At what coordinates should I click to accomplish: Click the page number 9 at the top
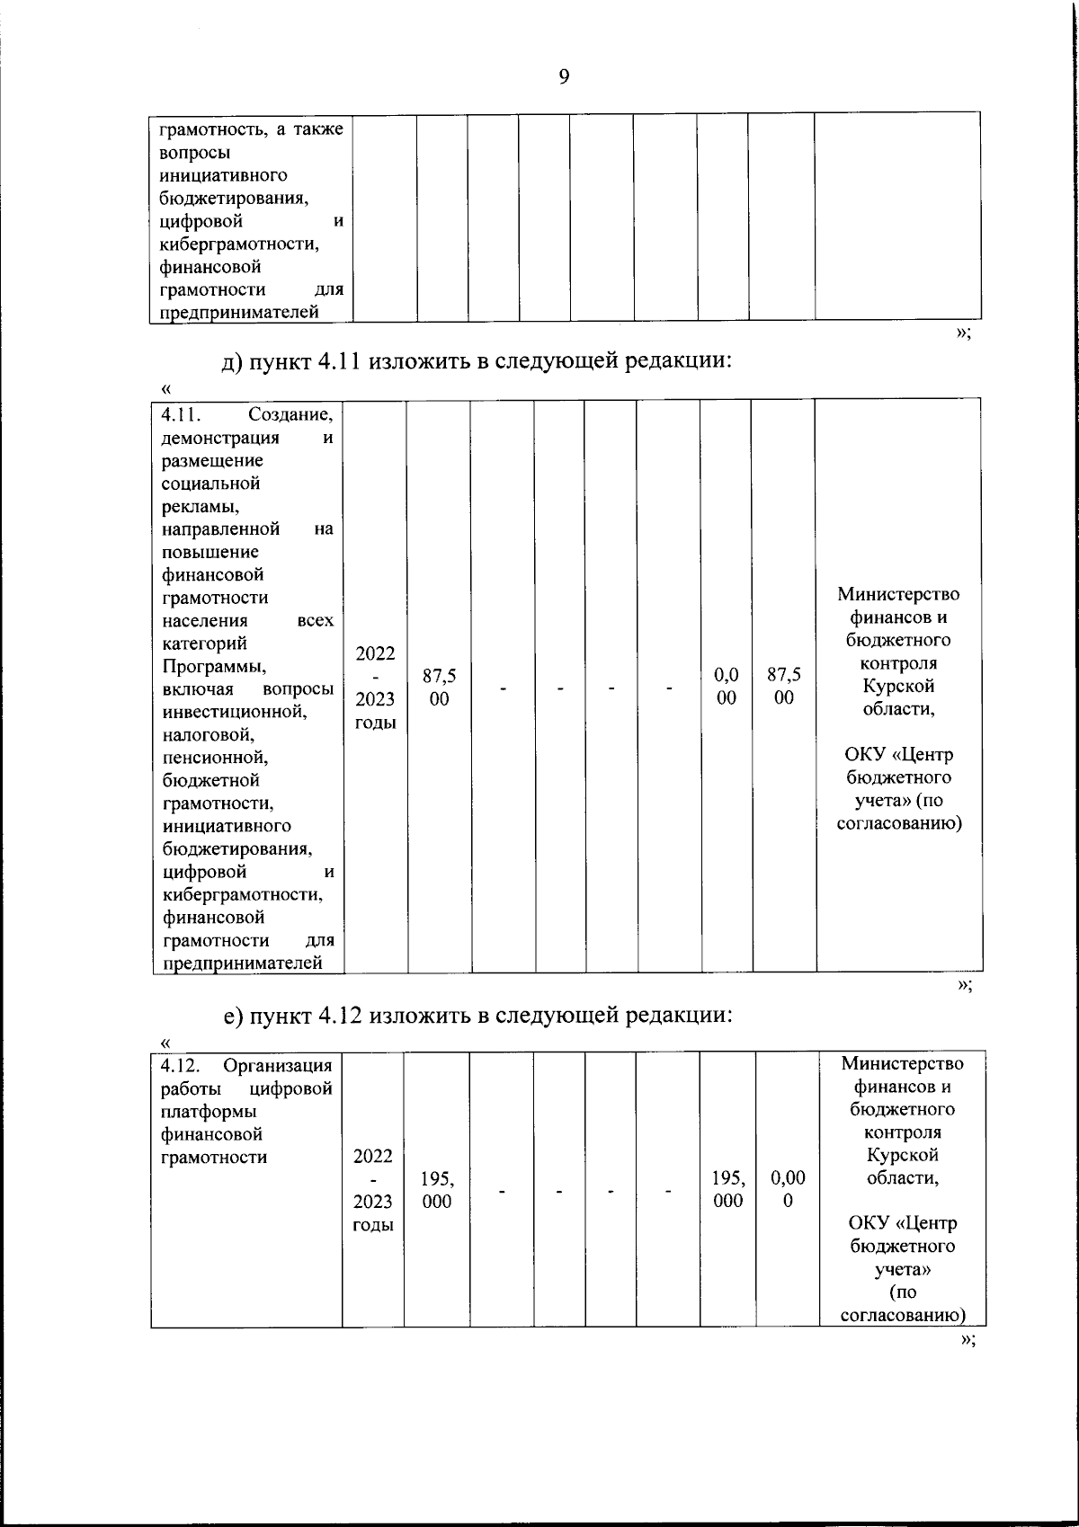[x=564, y=76]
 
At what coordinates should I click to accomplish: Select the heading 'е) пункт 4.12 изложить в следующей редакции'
[x=478, y=1016]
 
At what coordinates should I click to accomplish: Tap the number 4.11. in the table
[x=183, y=415]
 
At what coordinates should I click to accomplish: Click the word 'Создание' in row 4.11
[x=290, y=415]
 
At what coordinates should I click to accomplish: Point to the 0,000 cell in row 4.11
[x=727, y=687]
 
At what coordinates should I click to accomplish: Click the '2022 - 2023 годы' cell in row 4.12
[x=373, y=1190]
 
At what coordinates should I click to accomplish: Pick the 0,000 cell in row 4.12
[x=788, y=1190]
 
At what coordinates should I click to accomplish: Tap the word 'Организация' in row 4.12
[x=278, y=1066]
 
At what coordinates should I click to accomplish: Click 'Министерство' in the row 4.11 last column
[x=898, y=594]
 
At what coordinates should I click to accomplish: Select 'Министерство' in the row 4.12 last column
[x=902, y=1064]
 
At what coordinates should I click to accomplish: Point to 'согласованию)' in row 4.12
[x=902, y=1316]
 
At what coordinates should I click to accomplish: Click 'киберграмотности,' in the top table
[x=239, y=244]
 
